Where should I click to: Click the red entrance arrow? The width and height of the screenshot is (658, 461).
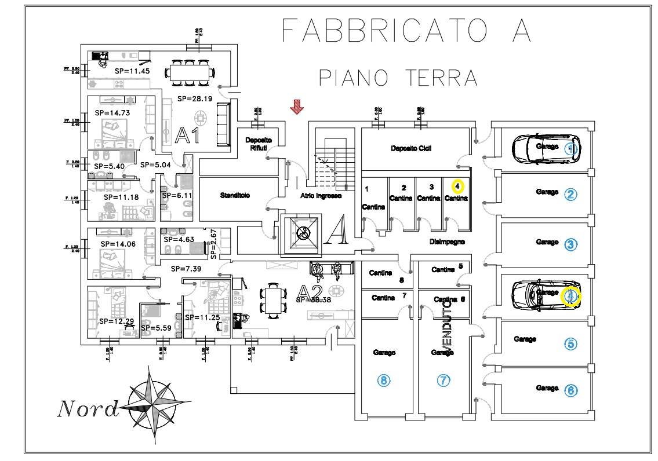pyautogui.click(x=297, y=107)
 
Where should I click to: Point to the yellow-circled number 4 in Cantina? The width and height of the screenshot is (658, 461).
pyautogui.click(x=458, y=186)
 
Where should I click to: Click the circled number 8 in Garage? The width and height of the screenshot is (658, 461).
pyautogui.click(x=383, y=380)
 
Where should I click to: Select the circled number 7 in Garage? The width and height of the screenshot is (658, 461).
pyautogui.click(x=443, y=380)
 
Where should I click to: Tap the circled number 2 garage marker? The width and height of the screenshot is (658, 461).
pyautogui.click(x=571, y=195)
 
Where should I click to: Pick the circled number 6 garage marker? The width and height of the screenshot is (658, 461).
pyautogui.click(x=571, y=390)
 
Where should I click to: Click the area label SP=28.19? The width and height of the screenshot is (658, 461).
pyautogui.click(x=195, y=98)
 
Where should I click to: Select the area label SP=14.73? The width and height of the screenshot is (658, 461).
pyautogui.click(x=112, y=113)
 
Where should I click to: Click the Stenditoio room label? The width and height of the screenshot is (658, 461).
pyautogui.click(x=234, y=196)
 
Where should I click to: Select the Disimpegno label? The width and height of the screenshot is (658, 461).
pyautogui.click(x=447, y=242)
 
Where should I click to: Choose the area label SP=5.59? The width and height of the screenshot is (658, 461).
pyautogui.click(x=155, y=327)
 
